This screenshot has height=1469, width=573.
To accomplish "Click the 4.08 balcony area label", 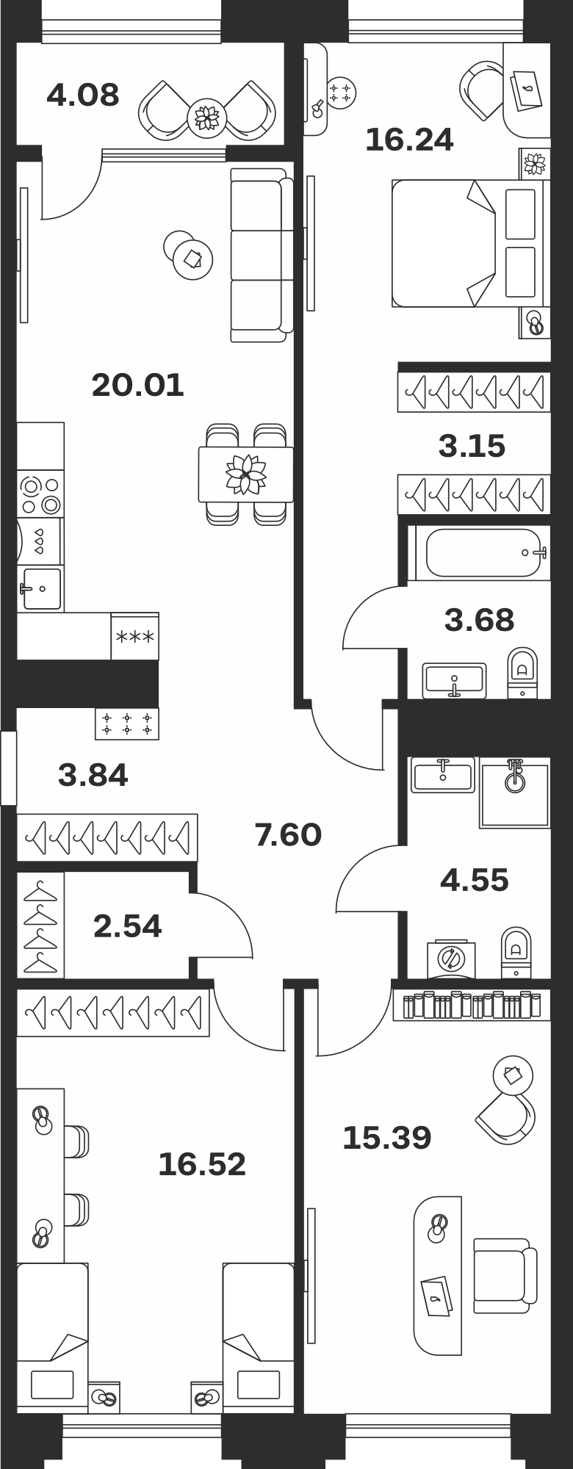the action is pos(82,95).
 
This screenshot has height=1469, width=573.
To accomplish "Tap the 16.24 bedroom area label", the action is pos(409,140).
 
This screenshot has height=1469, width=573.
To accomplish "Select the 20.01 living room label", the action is pos(138,385).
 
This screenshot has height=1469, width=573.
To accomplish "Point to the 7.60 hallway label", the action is pos(288,834).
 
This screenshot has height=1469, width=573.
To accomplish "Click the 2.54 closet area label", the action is pos(127,926).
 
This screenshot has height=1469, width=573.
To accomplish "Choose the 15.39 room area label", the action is pos(387,1138).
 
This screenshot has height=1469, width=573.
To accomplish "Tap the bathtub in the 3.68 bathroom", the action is pos(478,552).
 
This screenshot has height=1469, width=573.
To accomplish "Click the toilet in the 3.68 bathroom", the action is pos(522,672).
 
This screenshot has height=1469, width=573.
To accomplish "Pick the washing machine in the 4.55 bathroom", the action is pos(451,959).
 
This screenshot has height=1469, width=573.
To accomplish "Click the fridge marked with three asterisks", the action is pos(134,636).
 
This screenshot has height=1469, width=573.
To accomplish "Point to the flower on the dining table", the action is pos(245,474).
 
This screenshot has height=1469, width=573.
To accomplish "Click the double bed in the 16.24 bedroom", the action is pos(470,243).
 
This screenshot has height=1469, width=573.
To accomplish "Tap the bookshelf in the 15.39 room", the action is pos(471,1005).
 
